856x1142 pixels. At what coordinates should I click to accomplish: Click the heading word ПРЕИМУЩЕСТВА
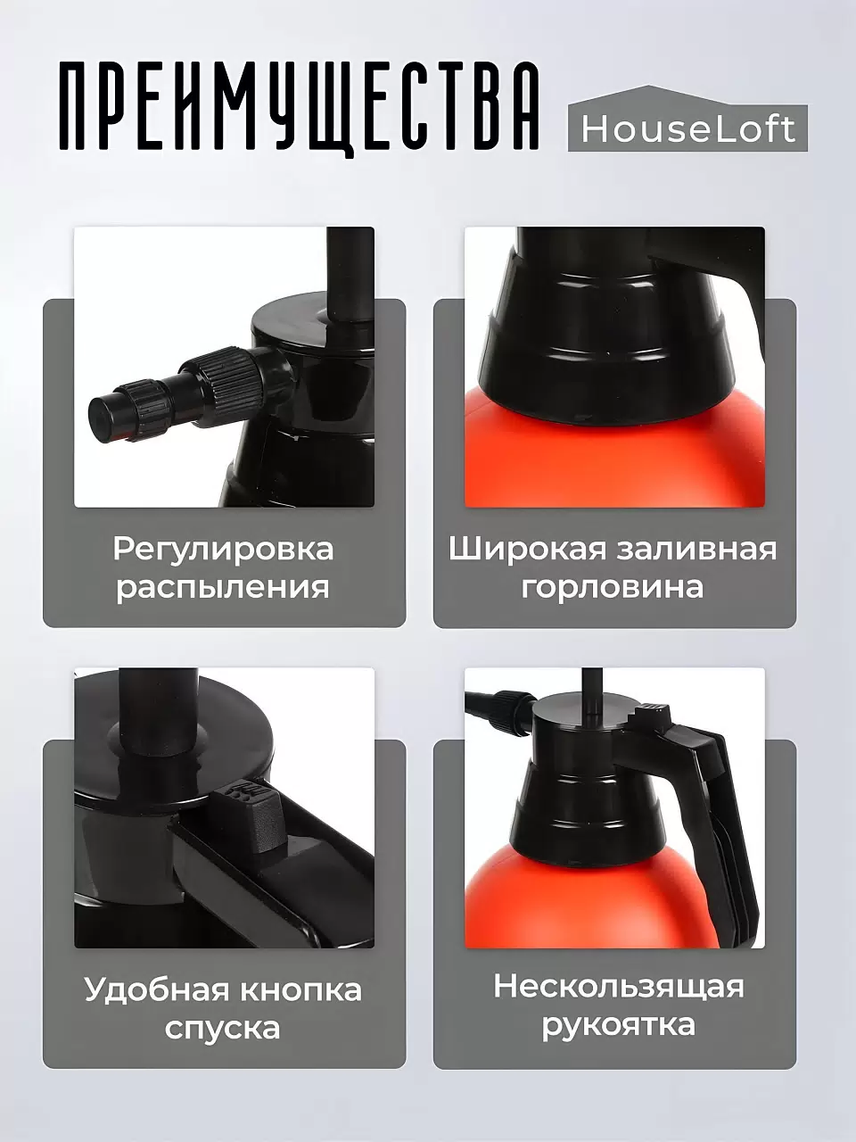tap(299, 107)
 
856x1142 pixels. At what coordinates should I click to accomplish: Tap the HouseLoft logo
tap(687, 128)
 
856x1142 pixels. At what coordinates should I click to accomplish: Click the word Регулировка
tap(223, 548)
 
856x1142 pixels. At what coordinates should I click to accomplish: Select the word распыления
tap(223, 587)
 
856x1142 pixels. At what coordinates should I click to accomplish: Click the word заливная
tap(695, 548)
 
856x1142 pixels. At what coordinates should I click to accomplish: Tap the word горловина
tap(613, 587)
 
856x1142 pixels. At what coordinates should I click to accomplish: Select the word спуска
tap(223, 1028)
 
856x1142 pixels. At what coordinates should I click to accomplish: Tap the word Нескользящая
tap(619, 987)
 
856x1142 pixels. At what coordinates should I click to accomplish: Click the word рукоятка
tap(619, 1025)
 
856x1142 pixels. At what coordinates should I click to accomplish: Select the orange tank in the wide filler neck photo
tap(615, 455)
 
